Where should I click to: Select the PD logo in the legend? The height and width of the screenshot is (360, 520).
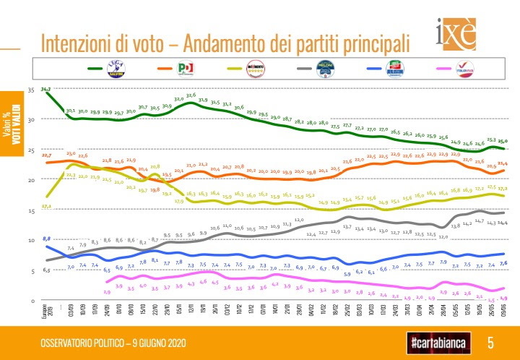point(186,69)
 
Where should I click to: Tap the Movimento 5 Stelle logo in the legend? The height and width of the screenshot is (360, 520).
point(255,69)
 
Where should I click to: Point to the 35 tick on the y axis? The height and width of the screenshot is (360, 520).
point(30,90)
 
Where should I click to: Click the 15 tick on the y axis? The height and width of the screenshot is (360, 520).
point(30,210)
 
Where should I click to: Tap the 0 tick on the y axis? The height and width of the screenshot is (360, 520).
point(32,300)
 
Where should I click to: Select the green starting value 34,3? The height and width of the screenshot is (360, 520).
point(46,89)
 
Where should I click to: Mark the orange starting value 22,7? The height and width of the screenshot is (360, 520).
point(46,155)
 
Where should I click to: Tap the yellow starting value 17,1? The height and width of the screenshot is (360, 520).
point(46,206)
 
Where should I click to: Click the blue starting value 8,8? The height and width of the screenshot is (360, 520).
point(46,239)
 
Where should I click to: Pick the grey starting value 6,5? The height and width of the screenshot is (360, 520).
point(46,270)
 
